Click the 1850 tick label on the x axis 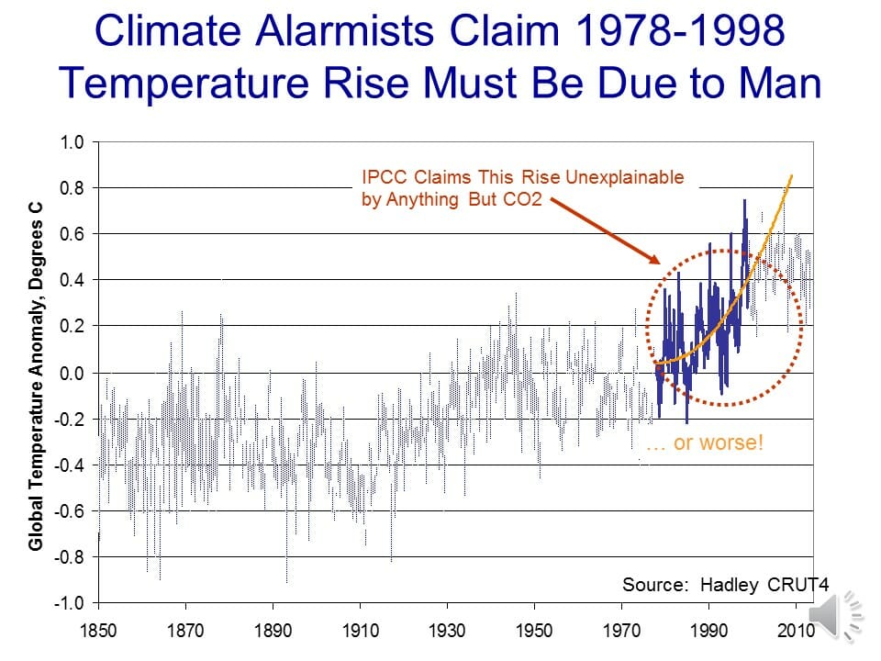click(98, 633)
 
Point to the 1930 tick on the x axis click(447, 633)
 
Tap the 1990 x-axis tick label click(708, 633)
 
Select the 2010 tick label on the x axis click(796, 633)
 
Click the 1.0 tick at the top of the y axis click(72, 142)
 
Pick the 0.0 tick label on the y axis click(72, 373)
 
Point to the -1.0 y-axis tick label click(70, 603)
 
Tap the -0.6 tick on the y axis click(70, 510)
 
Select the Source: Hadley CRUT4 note click(711, 585)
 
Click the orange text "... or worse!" click(705, 443)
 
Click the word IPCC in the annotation click(381, 178)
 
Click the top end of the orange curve click(792, 175)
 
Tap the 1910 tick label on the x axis click(360, 633)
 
